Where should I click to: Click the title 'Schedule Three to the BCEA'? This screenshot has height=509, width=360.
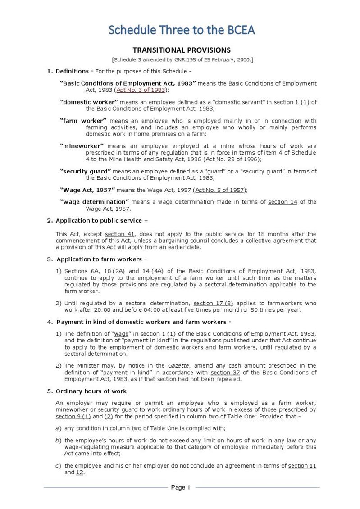[x=182, y=30]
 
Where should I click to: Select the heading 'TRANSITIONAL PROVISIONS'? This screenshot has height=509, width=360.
[x=182, y=50]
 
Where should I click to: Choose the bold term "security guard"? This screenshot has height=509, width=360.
[x=85, y=171]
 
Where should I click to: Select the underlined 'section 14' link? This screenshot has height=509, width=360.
[x=283, y=202]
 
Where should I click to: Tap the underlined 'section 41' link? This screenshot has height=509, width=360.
[x=119, y=234]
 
